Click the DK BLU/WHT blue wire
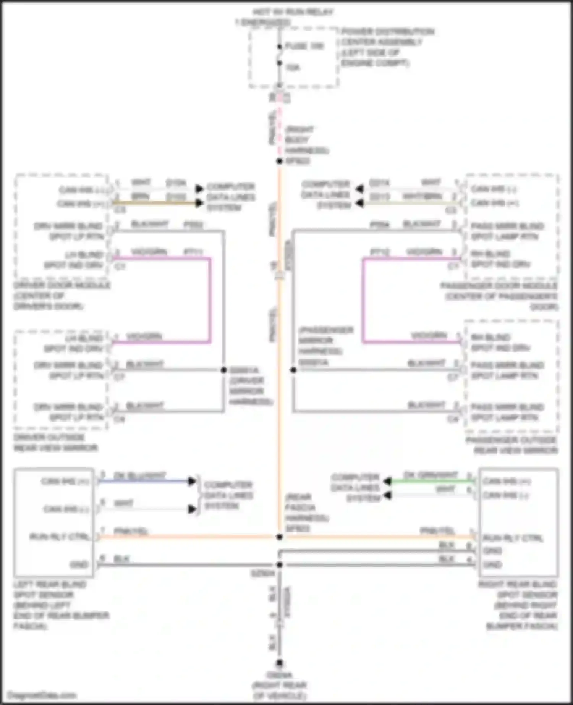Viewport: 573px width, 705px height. tap(145, 481)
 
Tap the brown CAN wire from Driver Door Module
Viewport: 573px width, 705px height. tap(153, 203)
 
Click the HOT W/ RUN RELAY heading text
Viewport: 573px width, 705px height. tap(293, 12)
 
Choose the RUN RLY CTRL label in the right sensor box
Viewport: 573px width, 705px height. tap(512, 538)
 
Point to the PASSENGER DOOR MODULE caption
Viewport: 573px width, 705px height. tap(500, 296)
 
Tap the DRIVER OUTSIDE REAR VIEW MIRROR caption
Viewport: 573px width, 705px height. tap(55, 442)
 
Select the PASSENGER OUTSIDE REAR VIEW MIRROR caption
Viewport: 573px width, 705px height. tap(512, 445)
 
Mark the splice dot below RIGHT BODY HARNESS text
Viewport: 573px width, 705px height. tap(280, 161)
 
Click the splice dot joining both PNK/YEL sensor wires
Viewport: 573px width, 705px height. tap(280, 537)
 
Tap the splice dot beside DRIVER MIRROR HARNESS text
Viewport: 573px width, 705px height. tap(224, 370)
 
